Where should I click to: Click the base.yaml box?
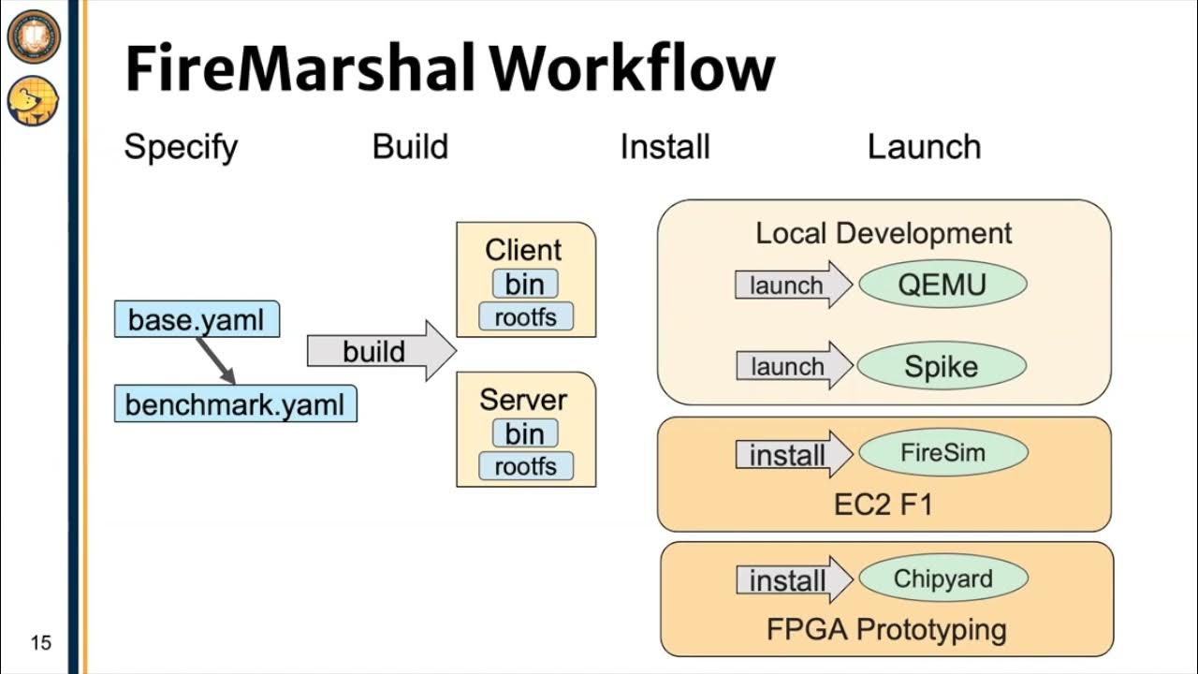197,319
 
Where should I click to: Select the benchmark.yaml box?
235,403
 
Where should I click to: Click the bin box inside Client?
525,284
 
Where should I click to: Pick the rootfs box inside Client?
525,317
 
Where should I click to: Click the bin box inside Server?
525,433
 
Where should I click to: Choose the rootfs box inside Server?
525,466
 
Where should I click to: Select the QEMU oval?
942,285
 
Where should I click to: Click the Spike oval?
942,367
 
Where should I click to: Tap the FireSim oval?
942,453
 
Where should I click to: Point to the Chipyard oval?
942,579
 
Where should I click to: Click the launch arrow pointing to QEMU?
792,286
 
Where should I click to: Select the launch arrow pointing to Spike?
792,367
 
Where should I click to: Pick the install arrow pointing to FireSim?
792,455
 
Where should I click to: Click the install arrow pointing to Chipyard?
792,580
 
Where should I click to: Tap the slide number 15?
40,643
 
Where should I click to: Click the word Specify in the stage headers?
181,147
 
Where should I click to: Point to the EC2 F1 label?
884,505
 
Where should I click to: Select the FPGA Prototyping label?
886,629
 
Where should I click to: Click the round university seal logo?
33,37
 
